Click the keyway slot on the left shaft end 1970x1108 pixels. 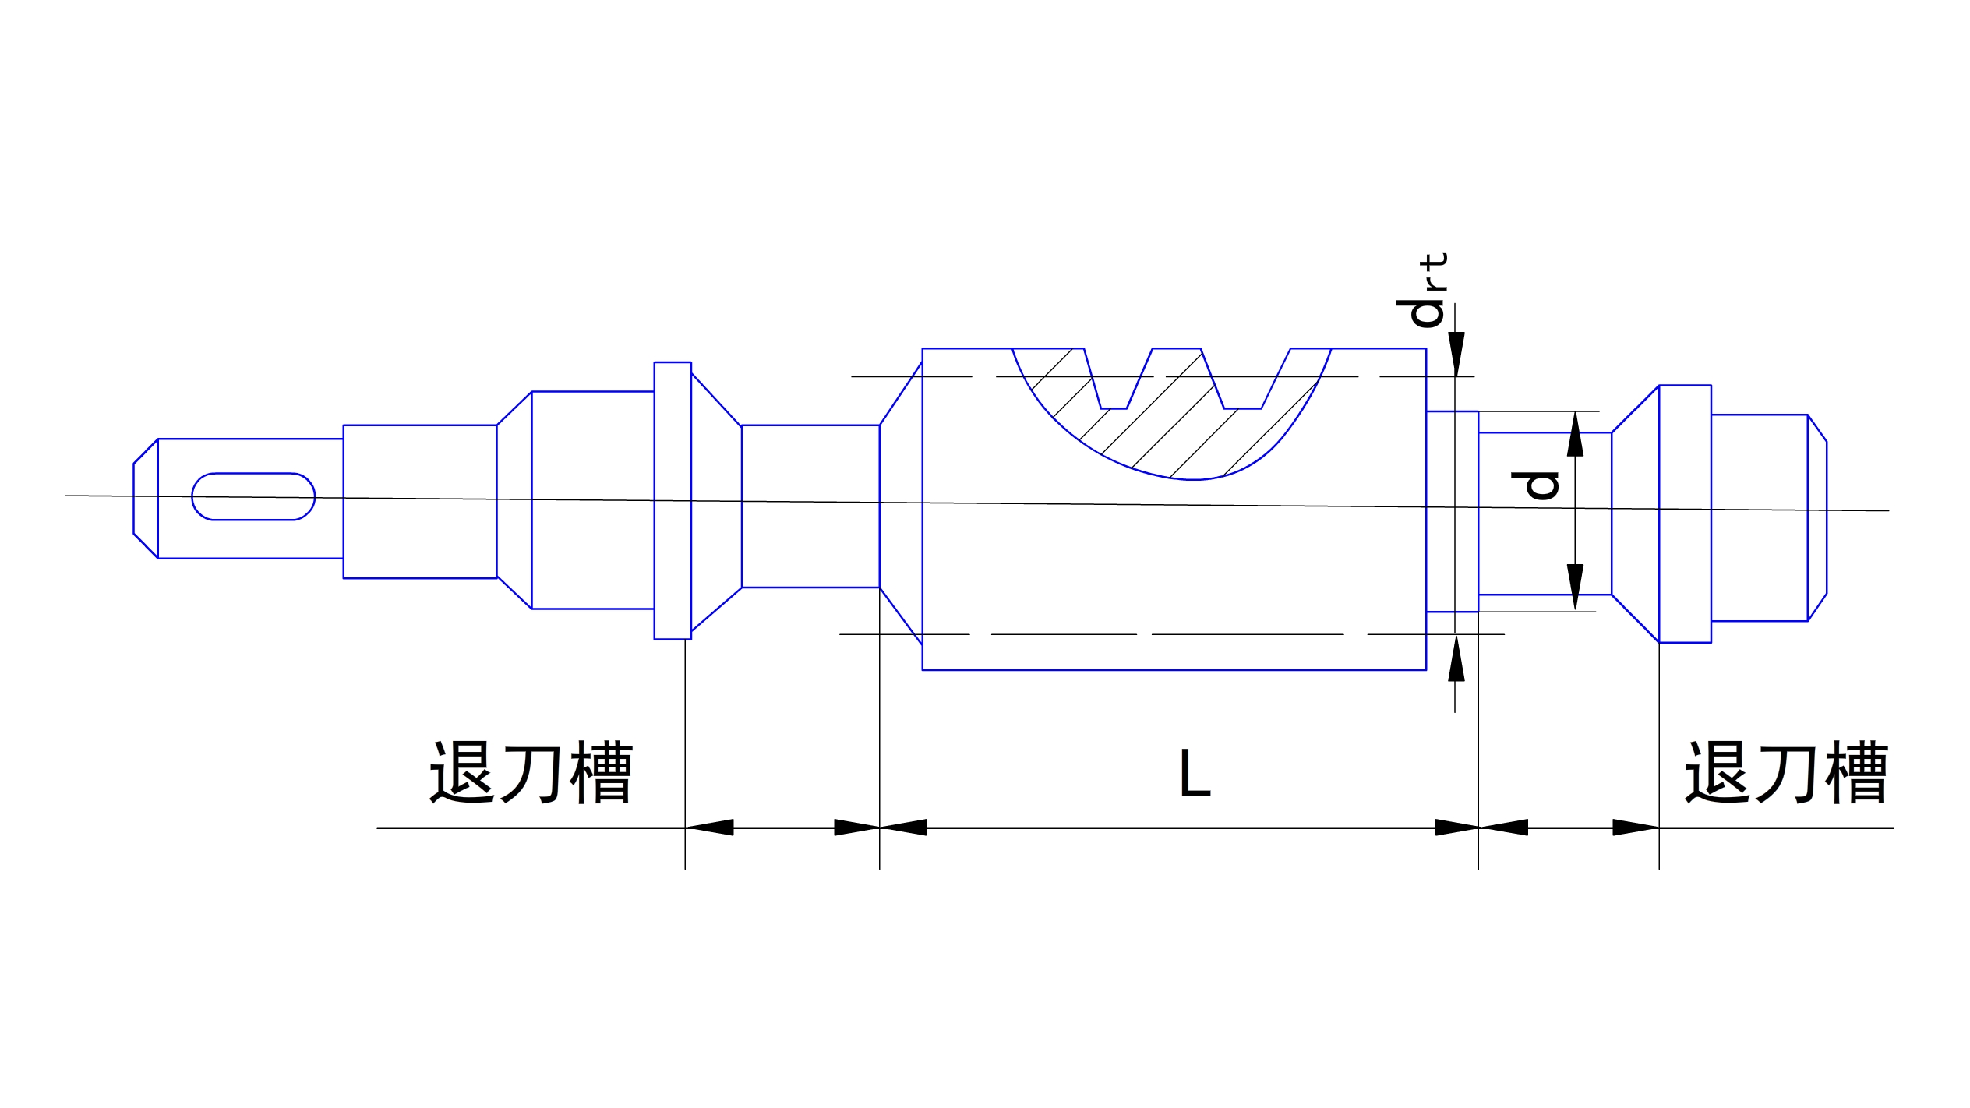tap(253, 496)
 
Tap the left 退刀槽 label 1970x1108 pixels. tap(531, 772)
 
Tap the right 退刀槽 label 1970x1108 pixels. tap(1786, 772)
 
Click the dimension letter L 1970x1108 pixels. tap(1194, 774)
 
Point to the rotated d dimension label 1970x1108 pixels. tap(1534, 485)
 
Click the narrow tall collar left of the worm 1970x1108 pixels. tap(673, 500)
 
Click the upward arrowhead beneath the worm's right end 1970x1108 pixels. tap(1456, 659)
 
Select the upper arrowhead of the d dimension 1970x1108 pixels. tap(1575, 435)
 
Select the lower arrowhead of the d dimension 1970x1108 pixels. tap(1575, 586)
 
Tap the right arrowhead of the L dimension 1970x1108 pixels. tap(1456, 827)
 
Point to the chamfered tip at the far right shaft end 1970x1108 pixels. tap(1816, 517)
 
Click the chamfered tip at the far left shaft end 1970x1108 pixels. tap(146, 499)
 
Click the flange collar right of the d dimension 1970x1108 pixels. tap(1685, 513)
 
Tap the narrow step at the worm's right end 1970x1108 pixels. tap(1452, 511)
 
